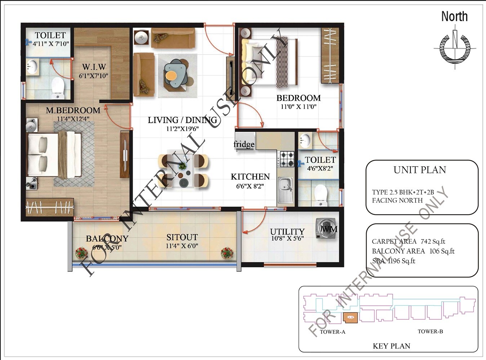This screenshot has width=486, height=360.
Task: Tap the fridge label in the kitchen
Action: pyautogui.click(x=244, y=144)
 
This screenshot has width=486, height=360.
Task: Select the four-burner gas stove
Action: pyautogui.click(x=287, y=159)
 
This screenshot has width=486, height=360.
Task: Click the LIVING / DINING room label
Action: pyautogui.click(x=182, y=120)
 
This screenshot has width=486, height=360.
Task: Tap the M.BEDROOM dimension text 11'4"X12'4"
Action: pyautogui.click(x=73, y=119)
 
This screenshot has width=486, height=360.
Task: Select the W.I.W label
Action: pyautogui.click(x=94, y=67)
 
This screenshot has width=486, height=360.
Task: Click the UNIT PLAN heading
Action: pyautogui.click(x=420, y=170)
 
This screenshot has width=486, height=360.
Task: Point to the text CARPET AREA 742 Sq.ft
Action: pyautogui.click(x=409, y=242)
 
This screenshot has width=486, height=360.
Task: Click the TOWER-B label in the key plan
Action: pyautogui.click(x=430, y=332)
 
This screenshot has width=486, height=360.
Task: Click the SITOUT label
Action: pyautogui.click(x=182, y=237)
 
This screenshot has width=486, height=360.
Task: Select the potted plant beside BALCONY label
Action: pyautogui.click(x=81, y=253)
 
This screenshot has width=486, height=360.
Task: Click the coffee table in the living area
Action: pyautogui.click(x=176, y=73)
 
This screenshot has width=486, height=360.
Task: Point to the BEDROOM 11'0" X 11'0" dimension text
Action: pyautogui.click(x=299, y=107)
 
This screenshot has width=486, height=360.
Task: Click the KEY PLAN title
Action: pyautogui.click(x=391, y=346)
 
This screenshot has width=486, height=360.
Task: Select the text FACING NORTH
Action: pyautogui.click(x=397, y=201)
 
